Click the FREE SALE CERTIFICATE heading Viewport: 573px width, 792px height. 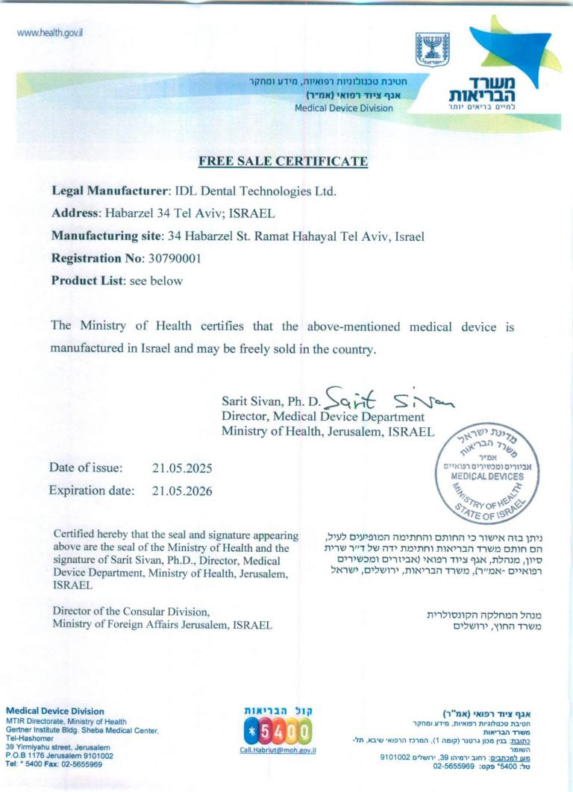click(283, 161)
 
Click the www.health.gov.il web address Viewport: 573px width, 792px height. click(49, 34)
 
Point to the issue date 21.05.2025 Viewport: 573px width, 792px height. click(182, 468)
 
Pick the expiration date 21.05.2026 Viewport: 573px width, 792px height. click(182, 491)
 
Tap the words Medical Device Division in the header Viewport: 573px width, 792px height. click(343, 108)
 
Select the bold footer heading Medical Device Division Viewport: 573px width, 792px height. click(55, 711)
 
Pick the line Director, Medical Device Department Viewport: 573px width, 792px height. click(322, 417)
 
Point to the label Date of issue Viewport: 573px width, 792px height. click(84, 468)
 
